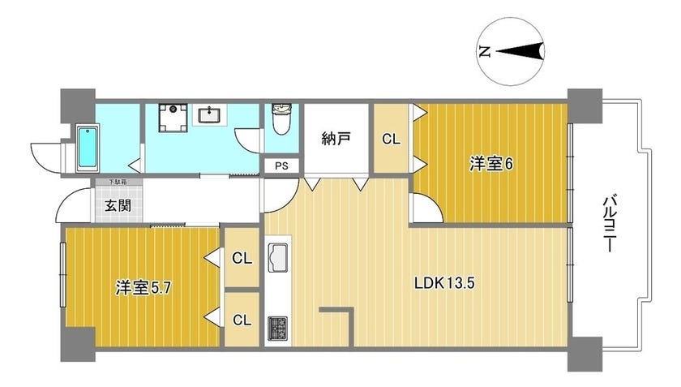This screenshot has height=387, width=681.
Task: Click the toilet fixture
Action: [x=281, y=118]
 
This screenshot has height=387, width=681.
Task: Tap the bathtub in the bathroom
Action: [x=88, y=148]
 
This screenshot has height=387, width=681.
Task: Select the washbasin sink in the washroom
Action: [x=210, y=114]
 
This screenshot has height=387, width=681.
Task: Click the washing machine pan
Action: [x=173, y=118]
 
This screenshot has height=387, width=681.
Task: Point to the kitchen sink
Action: [x=277, y=257]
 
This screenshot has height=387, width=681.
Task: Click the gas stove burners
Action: [x=277, y=329]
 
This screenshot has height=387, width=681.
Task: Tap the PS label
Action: [x=281, y=166]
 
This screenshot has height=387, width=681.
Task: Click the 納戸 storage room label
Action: [x=336, y=139]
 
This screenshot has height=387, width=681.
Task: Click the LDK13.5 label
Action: [x=444, y=283]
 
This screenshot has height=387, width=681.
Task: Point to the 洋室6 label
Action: [x=491, y=164]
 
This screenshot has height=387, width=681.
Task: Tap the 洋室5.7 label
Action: [x=143, y=287]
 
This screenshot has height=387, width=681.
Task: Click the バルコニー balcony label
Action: [x=608, y=225]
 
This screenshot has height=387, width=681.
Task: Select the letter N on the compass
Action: [x=485, y=52]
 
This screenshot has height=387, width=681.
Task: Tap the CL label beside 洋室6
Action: [x=391, y=139]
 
